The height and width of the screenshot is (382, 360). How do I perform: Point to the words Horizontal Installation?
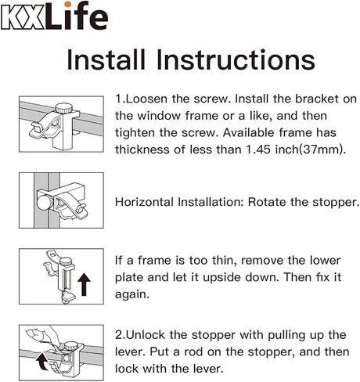click(x=179, y=201)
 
